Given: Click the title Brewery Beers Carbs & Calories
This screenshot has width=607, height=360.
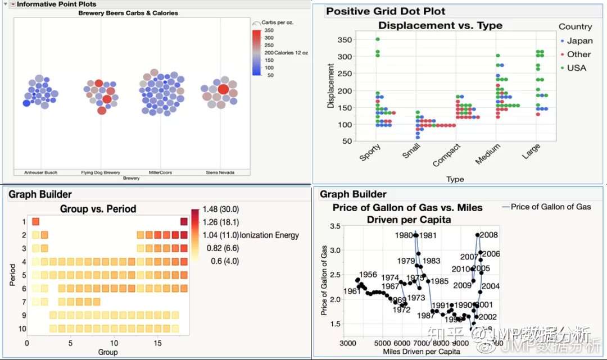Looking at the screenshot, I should pyautogui.click(x=128, y=13).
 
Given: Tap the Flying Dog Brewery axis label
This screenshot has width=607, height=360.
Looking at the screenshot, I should pyautogui.click(x=101, y=172).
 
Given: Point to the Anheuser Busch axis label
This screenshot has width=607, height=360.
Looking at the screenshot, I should pyautogui.click(x=41, y=172).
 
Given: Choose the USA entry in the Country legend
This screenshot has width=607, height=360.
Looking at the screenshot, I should pyautogui.click(x=576, y=68).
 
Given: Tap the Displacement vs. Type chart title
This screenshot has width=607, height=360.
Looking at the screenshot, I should pyautogui.click(x=440, y=25).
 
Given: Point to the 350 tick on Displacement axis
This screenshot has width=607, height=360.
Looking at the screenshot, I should pyautogui.click(x=344, y=39).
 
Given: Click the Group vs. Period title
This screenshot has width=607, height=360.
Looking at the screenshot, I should pyautogui.click(x=98, y=209).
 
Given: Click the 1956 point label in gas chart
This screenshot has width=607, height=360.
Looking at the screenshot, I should pyautogui.click(x=368, y=275).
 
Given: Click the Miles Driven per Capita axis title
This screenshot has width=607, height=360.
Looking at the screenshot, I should pyautogui.click(x=430, y=352).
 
